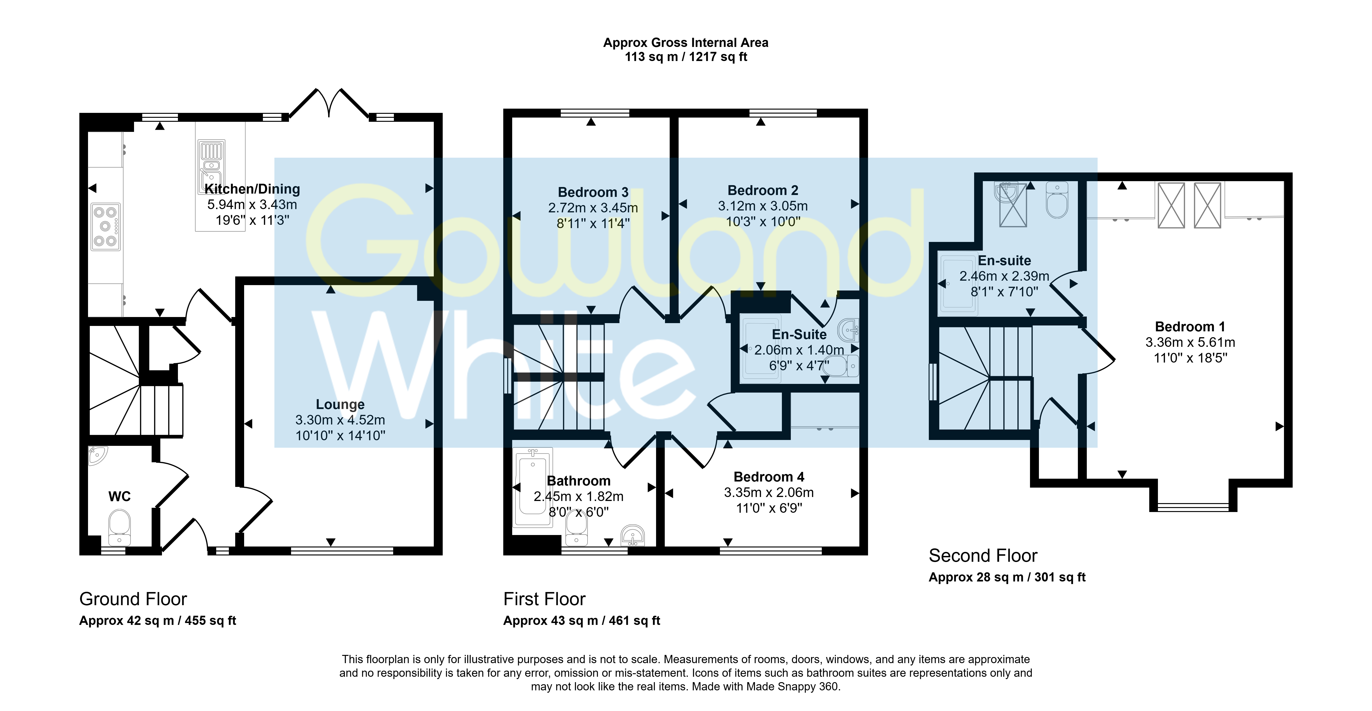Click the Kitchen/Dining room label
point(253,189)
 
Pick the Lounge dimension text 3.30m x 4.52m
point(340,420)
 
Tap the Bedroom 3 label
point(593,192)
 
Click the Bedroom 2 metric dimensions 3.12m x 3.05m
point(763,206)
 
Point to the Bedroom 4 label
point(769,477)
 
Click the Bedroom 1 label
point(1190,327)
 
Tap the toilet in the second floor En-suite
point(1057,200)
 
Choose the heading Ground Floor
point(133,599)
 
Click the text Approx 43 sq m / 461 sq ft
point(582,621)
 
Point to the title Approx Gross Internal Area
point(685,43)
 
